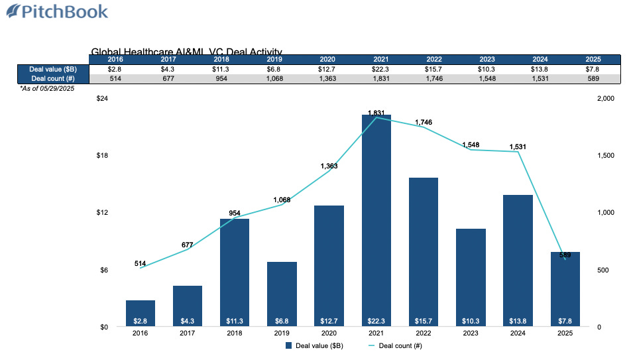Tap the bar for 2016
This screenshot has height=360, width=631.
[x=140, y=313]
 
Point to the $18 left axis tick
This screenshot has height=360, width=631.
[x=103, y=156]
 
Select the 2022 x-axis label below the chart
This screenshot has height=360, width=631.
[x=423, y=333]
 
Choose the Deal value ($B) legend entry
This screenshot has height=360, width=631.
[x=314, y=345]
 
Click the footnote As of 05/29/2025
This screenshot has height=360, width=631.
[x=46, y=88]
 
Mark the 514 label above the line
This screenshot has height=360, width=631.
[x=141, y=264]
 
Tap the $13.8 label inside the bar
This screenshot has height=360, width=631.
[x=518, y=320]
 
